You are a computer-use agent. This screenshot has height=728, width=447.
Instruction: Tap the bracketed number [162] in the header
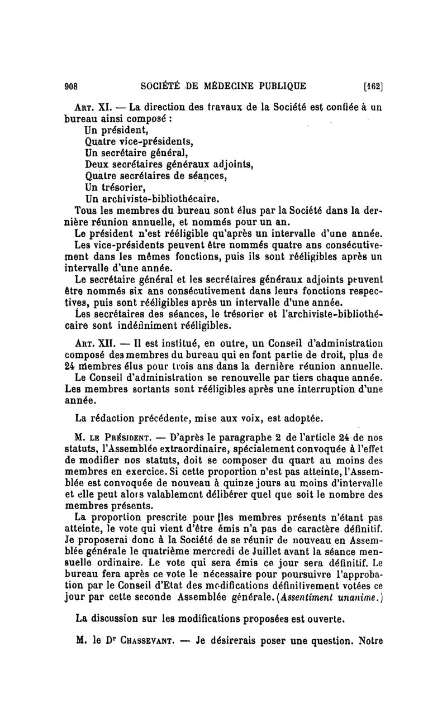[372, 86]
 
